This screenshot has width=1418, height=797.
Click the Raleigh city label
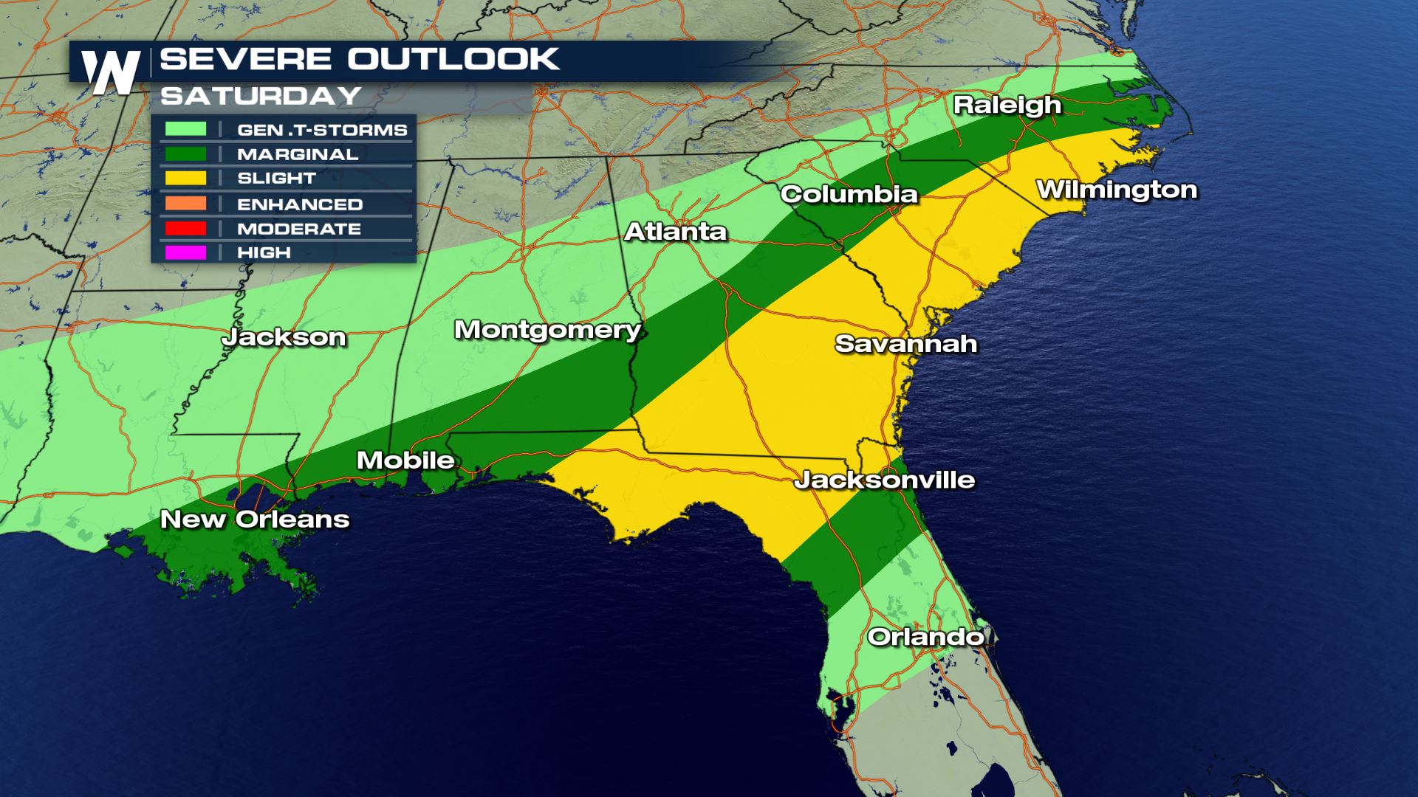click(1007, 105)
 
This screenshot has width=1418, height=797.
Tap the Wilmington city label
click(1117, 190)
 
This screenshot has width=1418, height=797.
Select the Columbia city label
click(849, 194)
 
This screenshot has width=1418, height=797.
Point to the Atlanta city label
click(675, 232)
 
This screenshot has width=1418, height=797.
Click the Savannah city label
click(905, 343)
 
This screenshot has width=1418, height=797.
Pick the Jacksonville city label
click(884, 480)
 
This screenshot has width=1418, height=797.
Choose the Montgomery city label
click(547, 329)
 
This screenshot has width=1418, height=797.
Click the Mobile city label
click(405, 460)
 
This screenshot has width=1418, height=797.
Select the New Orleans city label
click(255, 519)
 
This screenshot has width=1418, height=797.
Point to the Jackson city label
click(284, 337)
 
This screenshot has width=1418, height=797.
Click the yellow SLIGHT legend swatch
click(185, 178)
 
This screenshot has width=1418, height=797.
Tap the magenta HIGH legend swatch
click(185, 252)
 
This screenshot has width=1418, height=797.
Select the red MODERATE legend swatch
click(185, 229)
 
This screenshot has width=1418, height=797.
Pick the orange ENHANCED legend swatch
click(185, 204)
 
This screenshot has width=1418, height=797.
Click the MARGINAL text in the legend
click(298, 154)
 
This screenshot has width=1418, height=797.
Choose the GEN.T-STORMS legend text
click(322, 130)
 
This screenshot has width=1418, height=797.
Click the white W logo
click(111, 72)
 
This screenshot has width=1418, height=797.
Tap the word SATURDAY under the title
click(261, 96)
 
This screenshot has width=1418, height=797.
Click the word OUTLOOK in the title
click(453, 59)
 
